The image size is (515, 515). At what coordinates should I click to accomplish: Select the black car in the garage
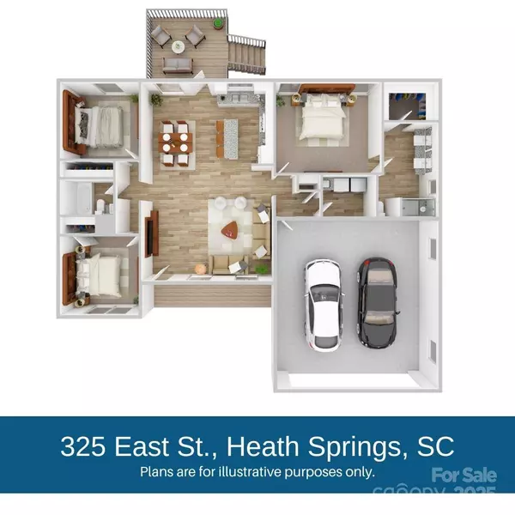[378, 301]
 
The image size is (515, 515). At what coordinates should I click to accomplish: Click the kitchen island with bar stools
[227, 137]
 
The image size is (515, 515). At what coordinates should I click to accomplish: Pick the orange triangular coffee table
[230, 230]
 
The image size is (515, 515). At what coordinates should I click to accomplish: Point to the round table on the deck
[178, 45]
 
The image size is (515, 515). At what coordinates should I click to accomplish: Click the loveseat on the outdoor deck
[178, 65]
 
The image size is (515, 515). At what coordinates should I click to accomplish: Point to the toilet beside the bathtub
[102, 205]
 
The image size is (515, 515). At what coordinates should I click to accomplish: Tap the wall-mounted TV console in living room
[150, 233]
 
